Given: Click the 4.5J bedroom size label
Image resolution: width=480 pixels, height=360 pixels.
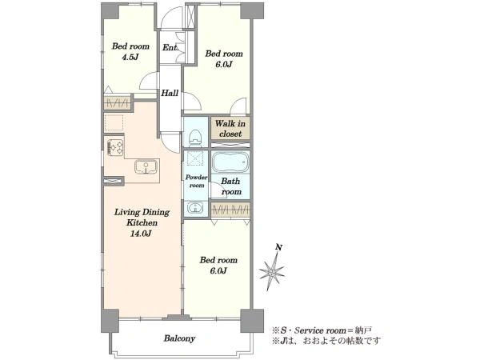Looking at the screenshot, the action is [130, 57].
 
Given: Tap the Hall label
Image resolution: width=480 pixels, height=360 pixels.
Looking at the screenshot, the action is [170, 93].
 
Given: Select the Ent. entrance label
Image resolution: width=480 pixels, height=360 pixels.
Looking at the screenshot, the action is [170, 48].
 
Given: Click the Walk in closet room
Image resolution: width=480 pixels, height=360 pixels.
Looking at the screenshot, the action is [230, 128].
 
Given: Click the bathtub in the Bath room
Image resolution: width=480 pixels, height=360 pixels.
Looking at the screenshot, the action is [230, 162].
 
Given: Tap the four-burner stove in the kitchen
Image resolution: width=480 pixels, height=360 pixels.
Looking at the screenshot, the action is [115, 147].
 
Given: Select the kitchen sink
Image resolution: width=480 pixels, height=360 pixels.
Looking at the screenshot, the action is [146, 167].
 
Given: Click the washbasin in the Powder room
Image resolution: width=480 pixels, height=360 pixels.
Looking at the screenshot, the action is [194, 208].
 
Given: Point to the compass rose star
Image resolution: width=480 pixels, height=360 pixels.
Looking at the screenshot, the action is [272, 271].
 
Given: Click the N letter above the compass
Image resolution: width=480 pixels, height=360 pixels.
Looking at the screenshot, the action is [278, 247].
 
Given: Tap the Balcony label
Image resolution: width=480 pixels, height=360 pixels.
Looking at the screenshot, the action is [179, 338].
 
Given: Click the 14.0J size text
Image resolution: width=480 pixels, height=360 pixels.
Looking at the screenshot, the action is [141, 234].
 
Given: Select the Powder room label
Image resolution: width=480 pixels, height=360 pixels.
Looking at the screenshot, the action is [197, 182].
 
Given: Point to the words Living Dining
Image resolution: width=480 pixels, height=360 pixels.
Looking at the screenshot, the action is [142, 212].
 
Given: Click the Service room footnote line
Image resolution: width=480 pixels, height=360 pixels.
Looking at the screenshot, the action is [322, 330].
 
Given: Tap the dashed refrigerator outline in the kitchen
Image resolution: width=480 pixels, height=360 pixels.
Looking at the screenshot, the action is [114, 122].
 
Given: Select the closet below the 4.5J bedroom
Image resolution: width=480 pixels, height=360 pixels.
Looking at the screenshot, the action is [118, 103].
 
